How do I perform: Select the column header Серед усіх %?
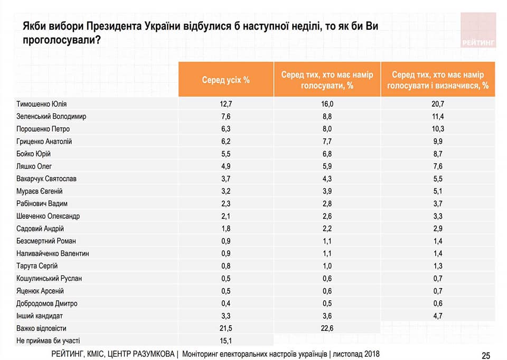click(226, 80)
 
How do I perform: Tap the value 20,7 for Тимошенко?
click(437, 104)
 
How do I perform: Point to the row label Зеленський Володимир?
click(51, 116)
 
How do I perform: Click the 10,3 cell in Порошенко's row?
click(437, 129)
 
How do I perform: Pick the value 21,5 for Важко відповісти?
click(226, 329)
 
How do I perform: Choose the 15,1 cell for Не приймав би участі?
click(226, 341)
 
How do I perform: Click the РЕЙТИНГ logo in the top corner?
click(478, 31)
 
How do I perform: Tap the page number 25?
click(486, 355)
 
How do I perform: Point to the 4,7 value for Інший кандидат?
click(437, 316)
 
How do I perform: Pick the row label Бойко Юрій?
click(34, 154)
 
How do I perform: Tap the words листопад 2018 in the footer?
click(358, 354)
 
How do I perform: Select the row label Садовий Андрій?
click(41, 229)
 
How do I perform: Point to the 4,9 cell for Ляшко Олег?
click(226, 167)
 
